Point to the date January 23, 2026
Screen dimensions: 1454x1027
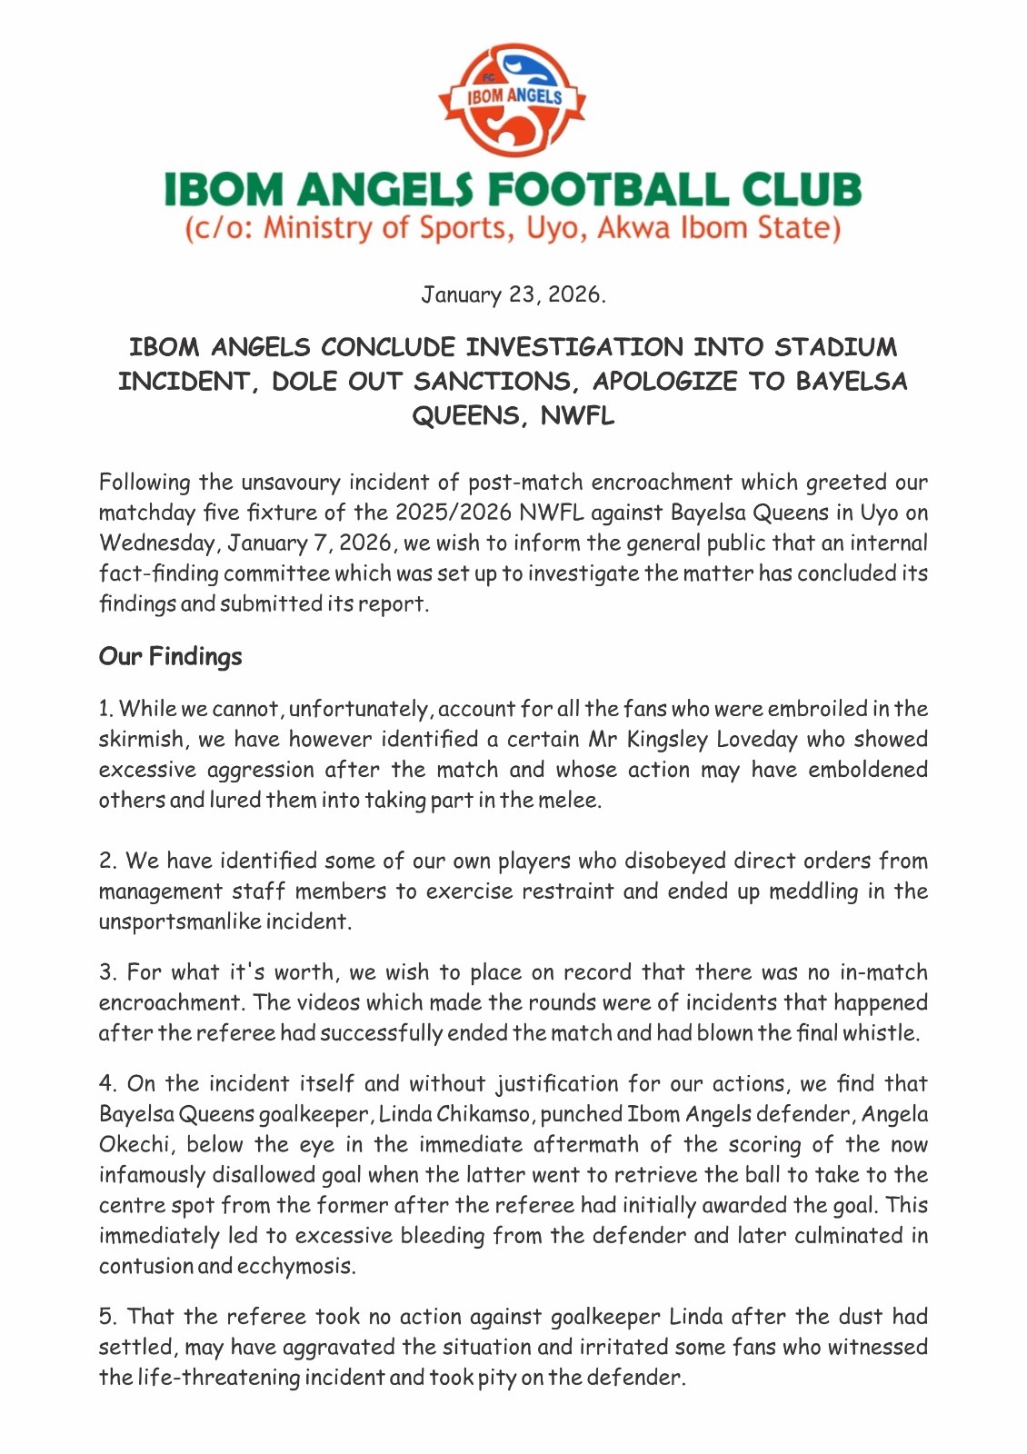pyautogui.click(x=513, y=294)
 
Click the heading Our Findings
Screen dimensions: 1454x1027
pyautogui.click(x=170, y=656)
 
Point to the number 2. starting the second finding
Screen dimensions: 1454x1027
pyautogui.click(x=107, y=861)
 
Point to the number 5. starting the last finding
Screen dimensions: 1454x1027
pyautogui.click(x=107, y=1317)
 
